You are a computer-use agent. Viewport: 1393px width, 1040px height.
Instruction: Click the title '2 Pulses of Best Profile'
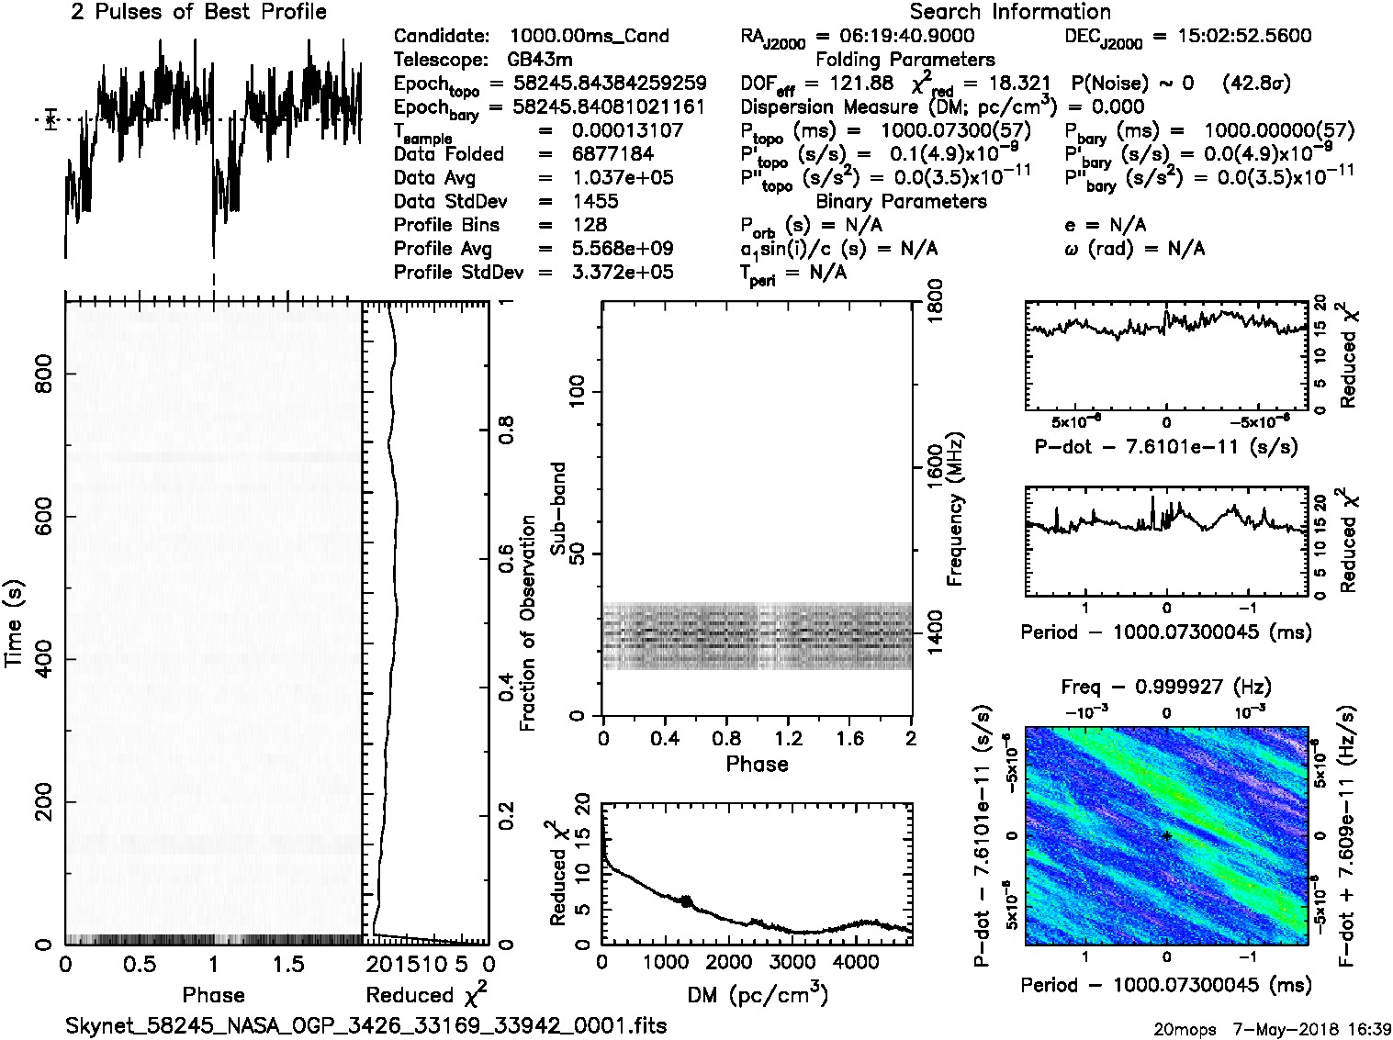pos(198,12)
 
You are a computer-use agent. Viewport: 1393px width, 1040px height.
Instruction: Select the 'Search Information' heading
pos(1010,12)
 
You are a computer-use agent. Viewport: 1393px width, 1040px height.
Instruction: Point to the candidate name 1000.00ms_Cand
pos(589,36)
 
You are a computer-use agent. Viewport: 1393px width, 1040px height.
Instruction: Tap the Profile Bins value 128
pos(589,225)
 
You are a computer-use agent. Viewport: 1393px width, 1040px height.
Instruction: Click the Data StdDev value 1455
pos(595,201)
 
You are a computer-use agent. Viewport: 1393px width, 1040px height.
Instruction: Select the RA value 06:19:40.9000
pos(907,36)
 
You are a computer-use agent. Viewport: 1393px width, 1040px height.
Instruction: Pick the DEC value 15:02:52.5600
pos(1231,36)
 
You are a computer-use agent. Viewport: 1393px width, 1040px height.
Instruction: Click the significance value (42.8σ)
pos(1256,84)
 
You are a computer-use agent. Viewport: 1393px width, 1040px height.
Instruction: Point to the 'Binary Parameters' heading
pos(901,201)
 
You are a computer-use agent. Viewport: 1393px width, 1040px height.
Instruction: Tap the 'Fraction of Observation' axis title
pos(528,622)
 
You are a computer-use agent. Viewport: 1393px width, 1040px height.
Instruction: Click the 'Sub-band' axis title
pos(557,509)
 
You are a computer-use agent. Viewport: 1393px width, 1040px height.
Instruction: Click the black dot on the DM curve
pos(686,901)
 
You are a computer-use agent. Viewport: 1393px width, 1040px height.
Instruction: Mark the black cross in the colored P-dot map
pos(1166,835)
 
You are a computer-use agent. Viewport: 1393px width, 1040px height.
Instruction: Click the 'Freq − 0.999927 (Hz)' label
pos(1165,687)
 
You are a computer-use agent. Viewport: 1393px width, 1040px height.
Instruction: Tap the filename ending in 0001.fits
pos(365,1025)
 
